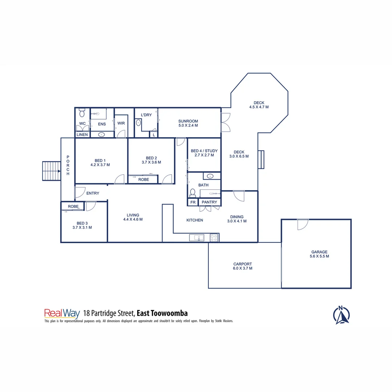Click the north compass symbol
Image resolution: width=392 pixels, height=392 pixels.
(x=341, y=315)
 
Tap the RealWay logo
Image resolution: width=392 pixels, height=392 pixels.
(x=62, y=313)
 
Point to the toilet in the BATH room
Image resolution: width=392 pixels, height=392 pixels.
(x=193, y=192)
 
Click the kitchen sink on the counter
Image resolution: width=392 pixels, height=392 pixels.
(x=197, y=238)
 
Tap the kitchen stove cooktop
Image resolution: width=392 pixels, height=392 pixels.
(x=214, y=238)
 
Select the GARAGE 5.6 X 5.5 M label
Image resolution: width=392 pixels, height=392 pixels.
(x=319, y=254)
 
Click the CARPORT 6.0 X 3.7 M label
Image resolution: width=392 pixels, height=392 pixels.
(x=242, y=266)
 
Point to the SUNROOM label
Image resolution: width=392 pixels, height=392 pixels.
(x=188, y=123)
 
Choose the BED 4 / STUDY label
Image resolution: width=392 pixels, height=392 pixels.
(x=204, y=153)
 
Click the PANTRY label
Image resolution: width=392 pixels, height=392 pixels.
(x=209, y=202)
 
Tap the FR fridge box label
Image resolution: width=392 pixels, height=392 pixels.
(x=193, y=202)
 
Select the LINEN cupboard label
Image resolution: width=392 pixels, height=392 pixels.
(x=82, y=135)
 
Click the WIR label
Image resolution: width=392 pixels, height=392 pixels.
(x=121, y=123)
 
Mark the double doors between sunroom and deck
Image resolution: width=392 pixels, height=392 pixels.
(x=225, y=123)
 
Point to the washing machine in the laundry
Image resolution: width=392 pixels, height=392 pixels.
(x=138, y=123)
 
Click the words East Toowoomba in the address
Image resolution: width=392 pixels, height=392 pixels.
(x=162, y=313)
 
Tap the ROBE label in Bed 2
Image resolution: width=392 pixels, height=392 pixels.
(x=143, y=179)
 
